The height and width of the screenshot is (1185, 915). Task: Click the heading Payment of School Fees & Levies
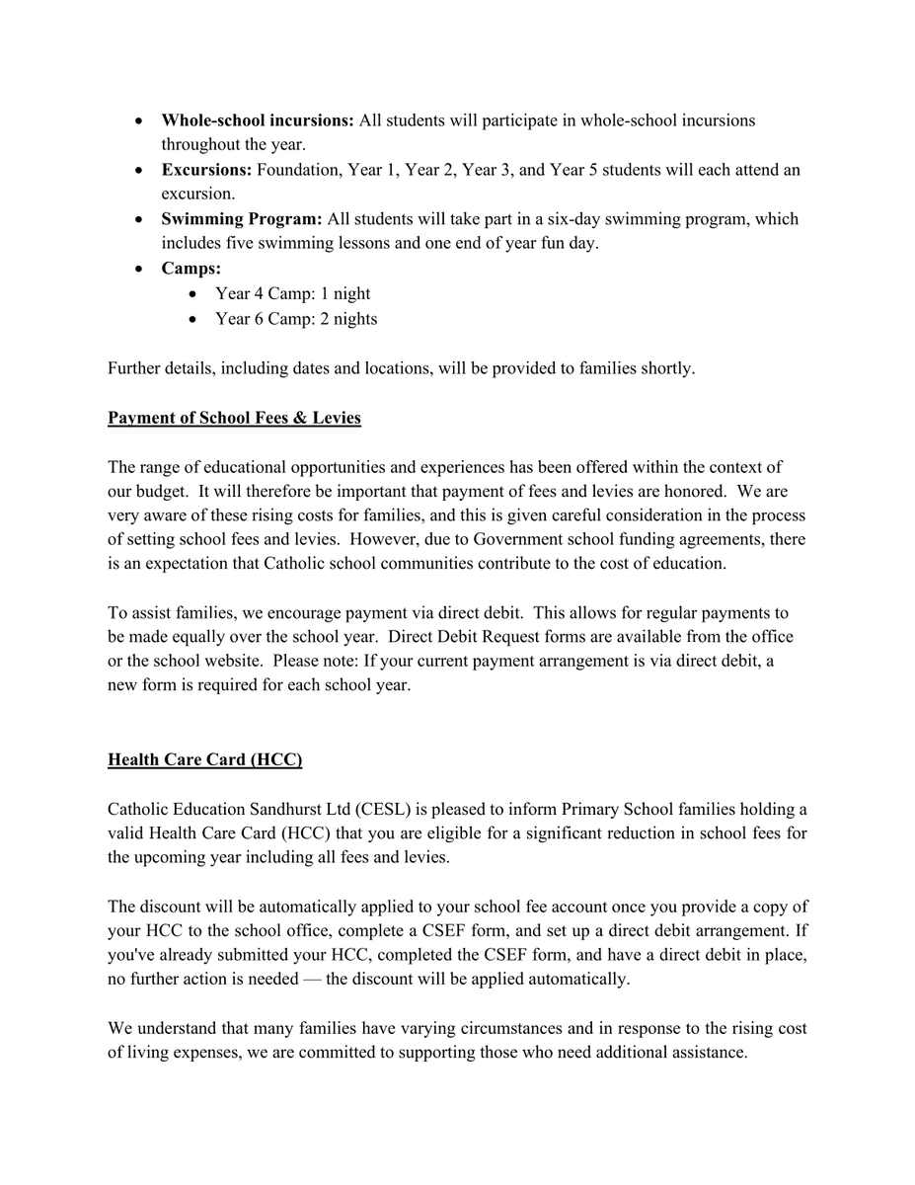point(234,418)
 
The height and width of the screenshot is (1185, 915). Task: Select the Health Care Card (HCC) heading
point(204,759)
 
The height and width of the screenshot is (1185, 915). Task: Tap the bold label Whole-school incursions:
point(258,120)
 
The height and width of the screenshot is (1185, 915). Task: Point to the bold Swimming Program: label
point(242,219)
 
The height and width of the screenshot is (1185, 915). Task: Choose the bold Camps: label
point(191,269)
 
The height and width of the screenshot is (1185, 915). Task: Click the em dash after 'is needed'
point(301,979)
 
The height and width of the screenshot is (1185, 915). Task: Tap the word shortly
point(665,368)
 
